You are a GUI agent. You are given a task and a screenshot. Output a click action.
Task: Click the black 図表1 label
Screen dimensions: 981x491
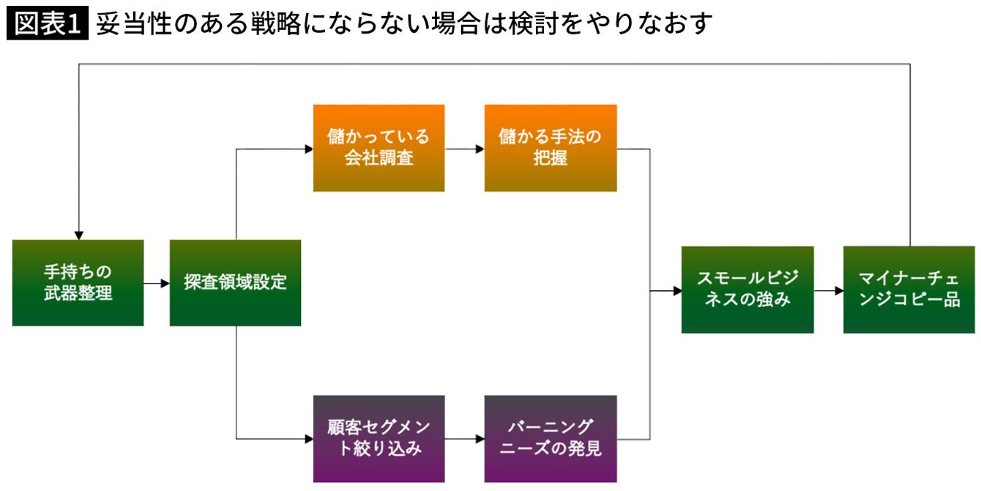point(48,23)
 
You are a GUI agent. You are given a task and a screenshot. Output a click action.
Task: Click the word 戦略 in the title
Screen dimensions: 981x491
point(276,23)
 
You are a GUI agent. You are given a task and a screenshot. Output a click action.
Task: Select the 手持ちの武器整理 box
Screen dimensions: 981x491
point(78,283)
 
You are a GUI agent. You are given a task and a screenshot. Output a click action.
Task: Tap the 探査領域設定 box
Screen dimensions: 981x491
point(235,283)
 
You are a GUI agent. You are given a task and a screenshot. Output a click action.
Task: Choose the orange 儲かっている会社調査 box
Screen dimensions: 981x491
point(378,148)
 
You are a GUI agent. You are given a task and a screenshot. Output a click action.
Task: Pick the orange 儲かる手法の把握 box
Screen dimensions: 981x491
point(551,148)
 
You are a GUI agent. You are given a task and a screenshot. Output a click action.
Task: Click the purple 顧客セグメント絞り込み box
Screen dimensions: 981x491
point(378,439)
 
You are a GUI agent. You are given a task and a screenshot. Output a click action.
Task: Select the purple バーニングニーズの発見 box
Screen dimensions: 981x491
point(551,439)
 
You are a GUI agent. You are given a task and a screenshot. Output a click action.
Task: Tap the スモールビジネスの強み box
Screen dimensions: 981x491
point(747,289)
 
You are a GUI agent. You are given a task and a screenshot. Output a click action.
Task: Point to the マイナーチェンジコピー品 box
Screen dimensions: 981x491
point(909,289)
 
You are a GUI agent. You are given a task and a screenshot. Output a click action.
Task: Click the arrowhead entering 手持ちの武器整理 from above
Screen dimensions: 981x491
point(79,235)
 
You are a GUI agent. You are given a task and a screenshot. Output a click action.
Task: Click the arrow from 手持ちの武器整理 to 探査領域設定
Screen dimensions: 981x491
point(157,283)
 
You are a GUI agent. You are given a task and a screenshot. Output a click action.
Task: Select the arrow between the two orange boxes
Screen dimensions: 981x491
point(465,149)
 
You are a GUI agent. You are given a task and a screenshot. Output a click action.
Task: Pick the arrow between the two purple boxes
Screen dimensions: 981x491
point(465,439)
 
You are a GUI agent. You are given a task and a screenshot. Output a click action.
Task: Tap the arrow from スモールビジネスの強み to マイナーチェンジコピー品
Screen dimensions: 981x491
point(829,291)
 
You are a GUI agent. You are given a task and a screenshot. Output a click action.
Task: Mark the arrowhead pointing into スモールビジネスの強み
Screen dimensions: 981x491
point(677,291)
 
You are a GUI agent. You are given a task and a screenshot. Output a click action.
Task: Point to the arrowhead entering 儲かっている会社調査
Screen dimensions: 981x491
point(309,149)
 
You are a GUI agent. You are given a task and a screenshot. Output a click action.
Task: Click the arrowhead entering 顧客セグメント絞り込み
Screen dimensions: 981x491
point(309,439)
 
